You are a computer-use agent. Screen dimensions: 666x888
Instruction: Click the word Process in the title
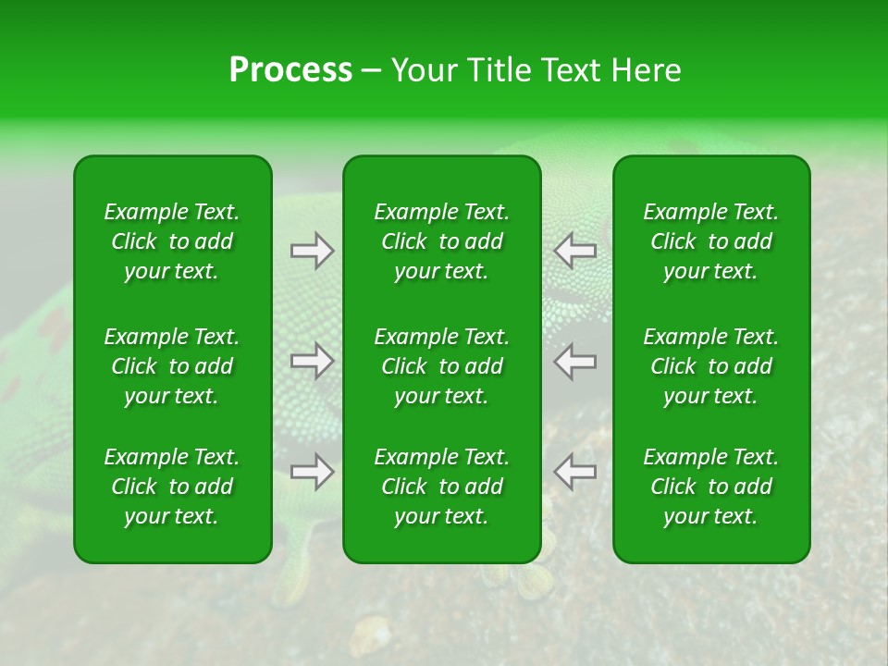coord(290,69)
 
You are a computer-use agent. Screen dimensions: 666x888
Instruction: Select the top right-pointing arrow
coord(313,251)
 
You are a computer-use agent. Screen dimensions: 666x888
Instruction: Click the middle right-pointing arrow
coord(313,361)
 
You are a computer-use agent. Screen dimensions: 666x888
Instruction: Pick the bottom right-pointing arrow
coord(313,472)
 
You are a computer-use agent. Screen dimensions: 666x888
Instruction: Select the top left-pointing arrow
coord(574,251)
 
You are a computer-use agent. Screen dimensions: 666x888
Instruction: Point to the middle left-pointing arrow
coord(574,361)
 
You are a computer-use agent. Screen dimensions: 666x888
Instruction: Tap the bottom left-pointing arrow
coord(574,472)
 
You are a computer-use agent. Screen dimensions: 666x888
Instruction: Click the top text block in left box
coord(172,241)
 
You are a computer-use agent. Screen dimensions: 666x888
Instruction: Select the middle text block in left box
coord(172,366)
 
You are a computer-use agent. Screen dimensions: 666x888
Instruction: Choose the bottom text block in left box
coord(172,487)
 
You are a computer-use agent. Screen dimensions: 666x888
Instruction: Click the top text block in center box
coord(442,241)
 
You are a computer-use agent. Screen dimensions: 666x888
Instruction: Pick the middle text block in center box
coord(442,366)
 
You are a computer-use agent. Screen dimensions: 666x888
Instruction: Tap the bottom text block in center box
coord(442,487)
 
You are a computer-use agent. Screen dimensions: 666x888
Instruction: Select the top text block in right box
coord(711,241)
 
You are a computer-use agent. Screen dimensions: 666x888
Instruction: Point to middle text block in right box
coord(711,366)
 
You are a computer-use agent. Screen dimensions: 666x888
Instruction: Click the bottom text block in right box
coord(711,487)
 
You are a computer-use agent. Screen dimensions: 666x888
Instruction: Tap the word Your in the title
coord(423,69)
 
